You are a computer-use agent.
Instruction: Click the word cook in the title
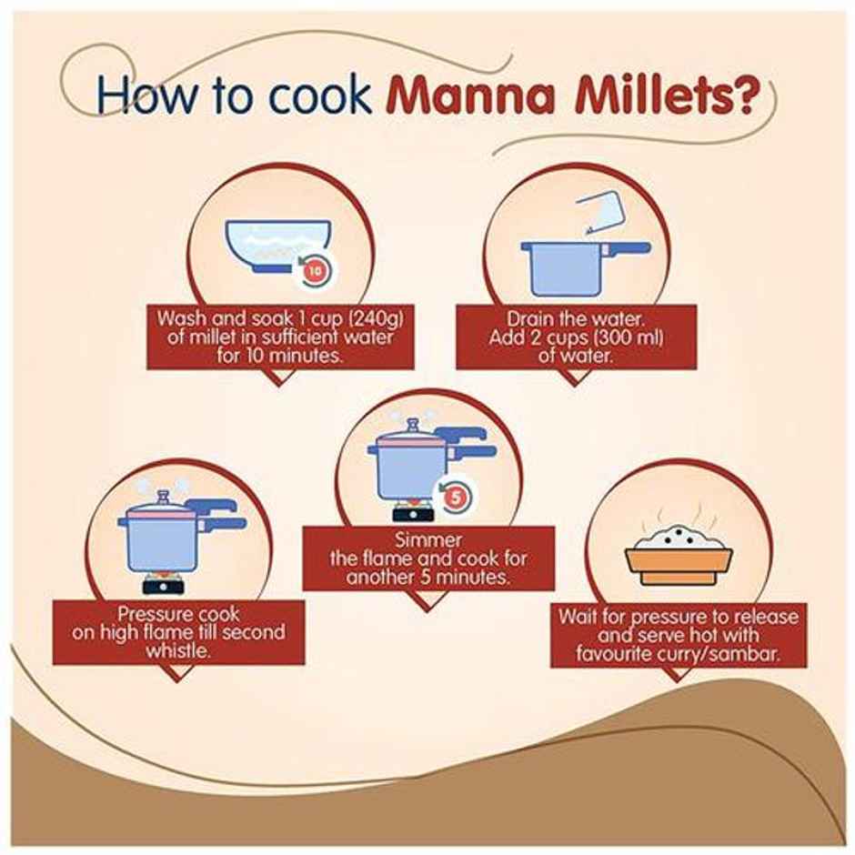320,96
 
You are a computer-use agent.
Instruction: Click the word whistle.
178,650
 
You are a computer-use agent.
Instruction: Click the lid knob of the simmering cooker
412,424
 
